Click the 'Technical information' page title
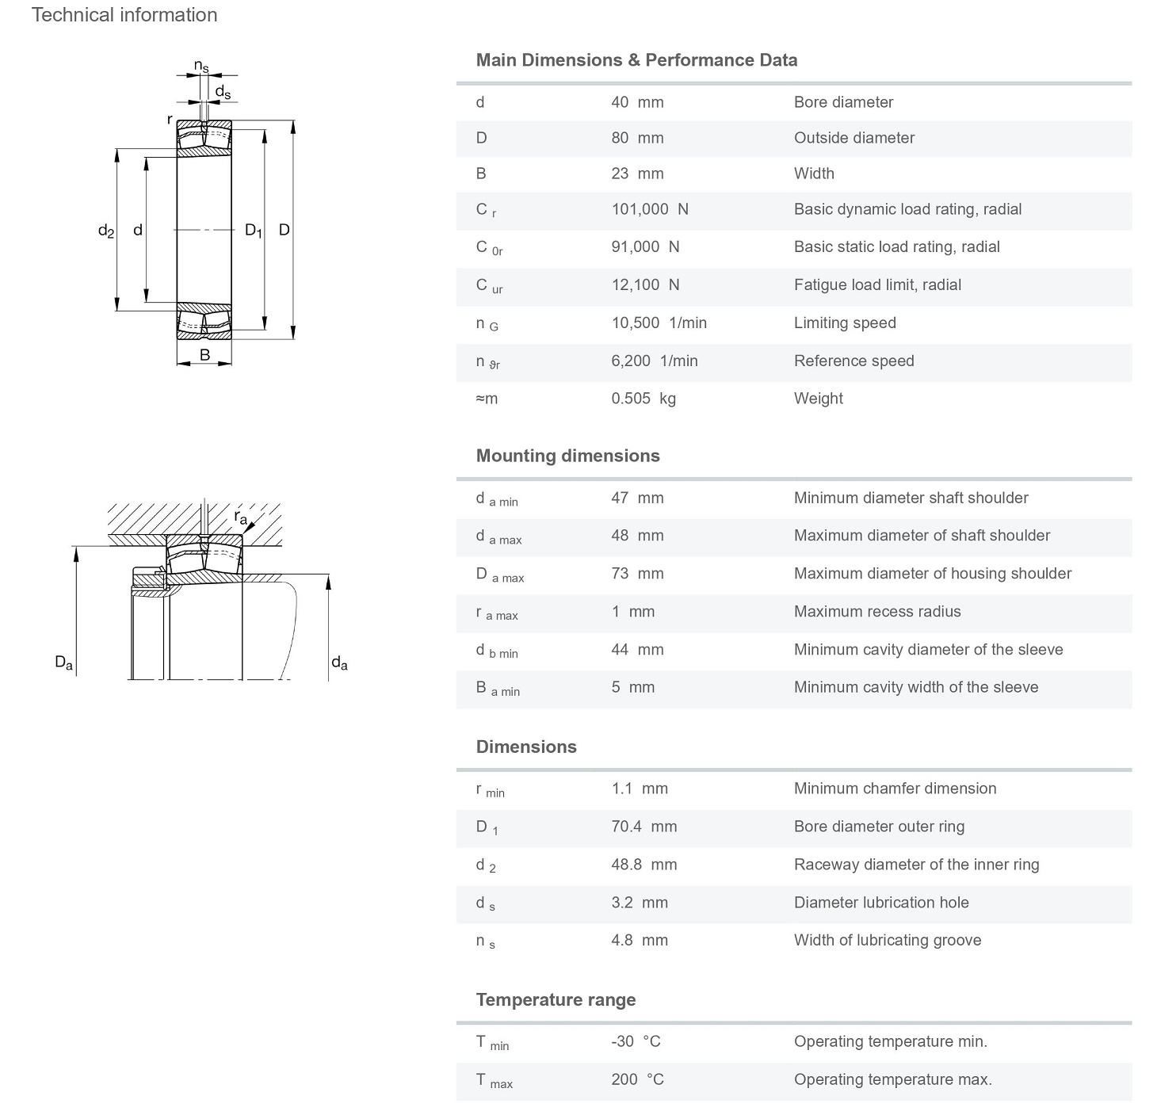124,15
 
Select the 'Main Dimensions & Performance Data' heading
636,60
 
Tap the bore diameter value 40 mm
637,102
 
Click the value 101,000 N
650,209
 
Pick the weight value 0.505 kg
643,399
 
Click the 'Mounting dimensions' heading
567,456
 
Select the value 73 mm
637,573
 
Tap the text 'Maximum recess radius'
877,611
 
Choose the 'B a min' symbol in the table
498,689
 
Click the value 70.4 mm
644,827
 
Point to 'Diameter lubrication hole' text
881,903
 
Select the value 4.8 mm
640,940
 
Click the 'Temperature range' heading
556,999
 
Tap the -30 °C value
636,1041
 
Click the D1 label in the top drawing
254,231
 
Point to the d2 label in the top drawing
106,231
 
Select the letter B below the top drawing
204,355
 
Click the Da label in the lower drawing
63,663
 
